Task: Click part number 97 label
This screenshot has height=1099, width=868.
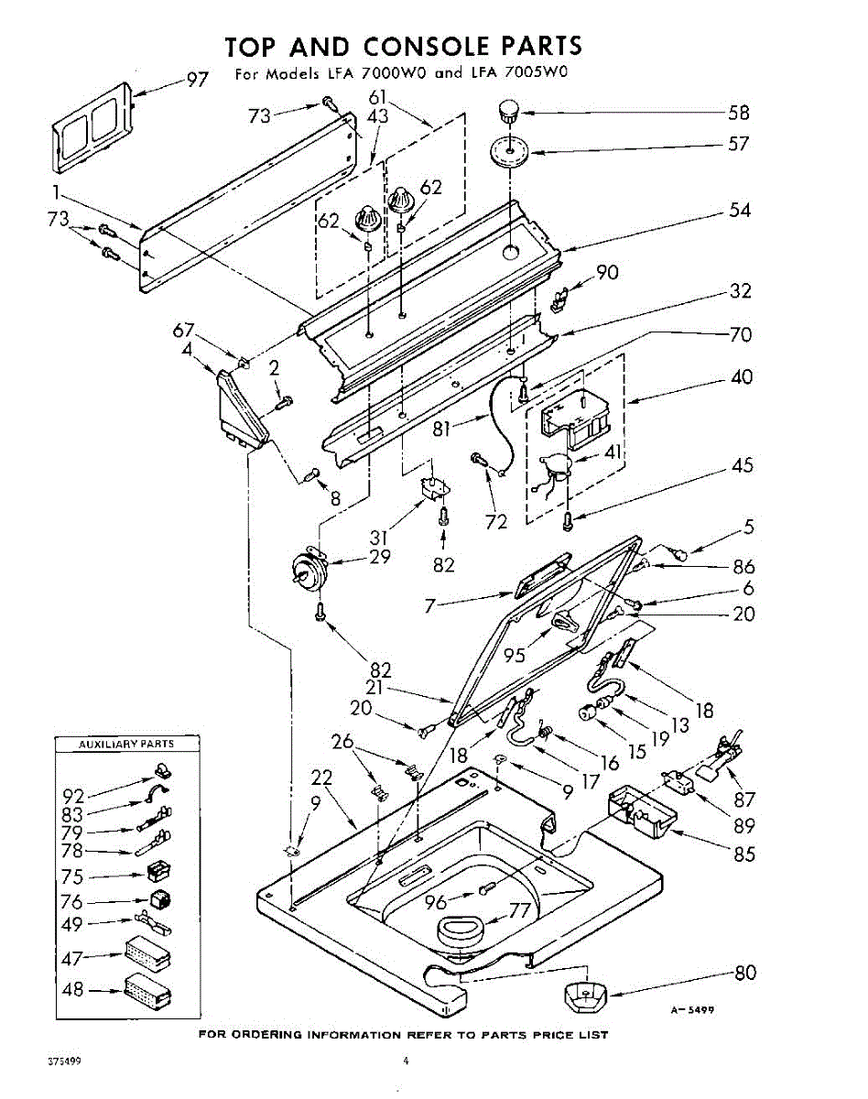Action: pyautogui.click(x=198, y=79)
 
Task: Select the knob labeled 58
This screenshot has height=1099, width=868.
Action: pyautogui.click(x=507, y=114)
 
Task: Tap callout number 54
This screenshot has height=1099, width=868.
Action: pyautogui.click(x=740, y=210)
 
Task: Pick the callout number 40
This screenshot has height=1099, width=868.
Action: pyautogui.click(x=740, y=377)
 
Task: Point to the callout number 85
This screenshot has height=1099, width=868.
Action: pyautogui.click(x=744, y=854)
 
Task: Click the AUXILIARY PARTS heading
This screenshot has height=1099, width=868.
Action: pyautogui.click(x=127, y=745)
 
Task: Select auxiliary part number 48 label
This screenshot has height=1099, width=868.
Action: pyautogui.click(x=72, y=990)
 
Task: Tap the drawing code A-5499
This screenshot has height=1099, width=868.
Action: pyautogui.click(x=691, y=1010)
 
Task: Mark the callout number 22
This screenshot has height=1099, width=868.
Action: pyautogui.click(x=320, y=778)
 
